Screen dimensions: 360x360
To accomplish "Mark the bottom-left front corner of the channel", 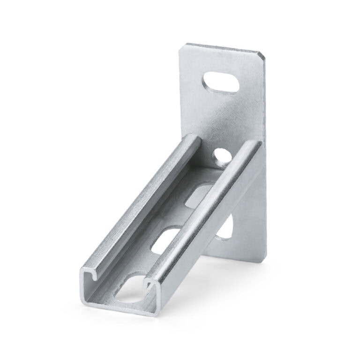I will point(86,304).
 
